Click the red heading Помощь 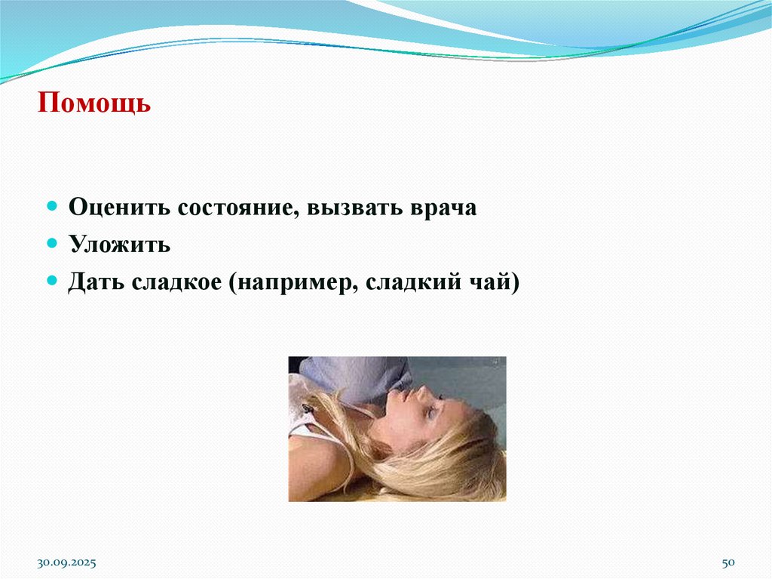coord(95,102)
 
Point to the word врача coord(446,208)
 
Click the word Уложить coord(119,245)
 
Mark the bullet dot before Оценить coord(52,206)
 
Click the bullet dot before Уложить coord(52,243)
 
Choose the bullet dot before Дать coord(52,281)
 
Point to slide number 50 coord(728,564)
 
